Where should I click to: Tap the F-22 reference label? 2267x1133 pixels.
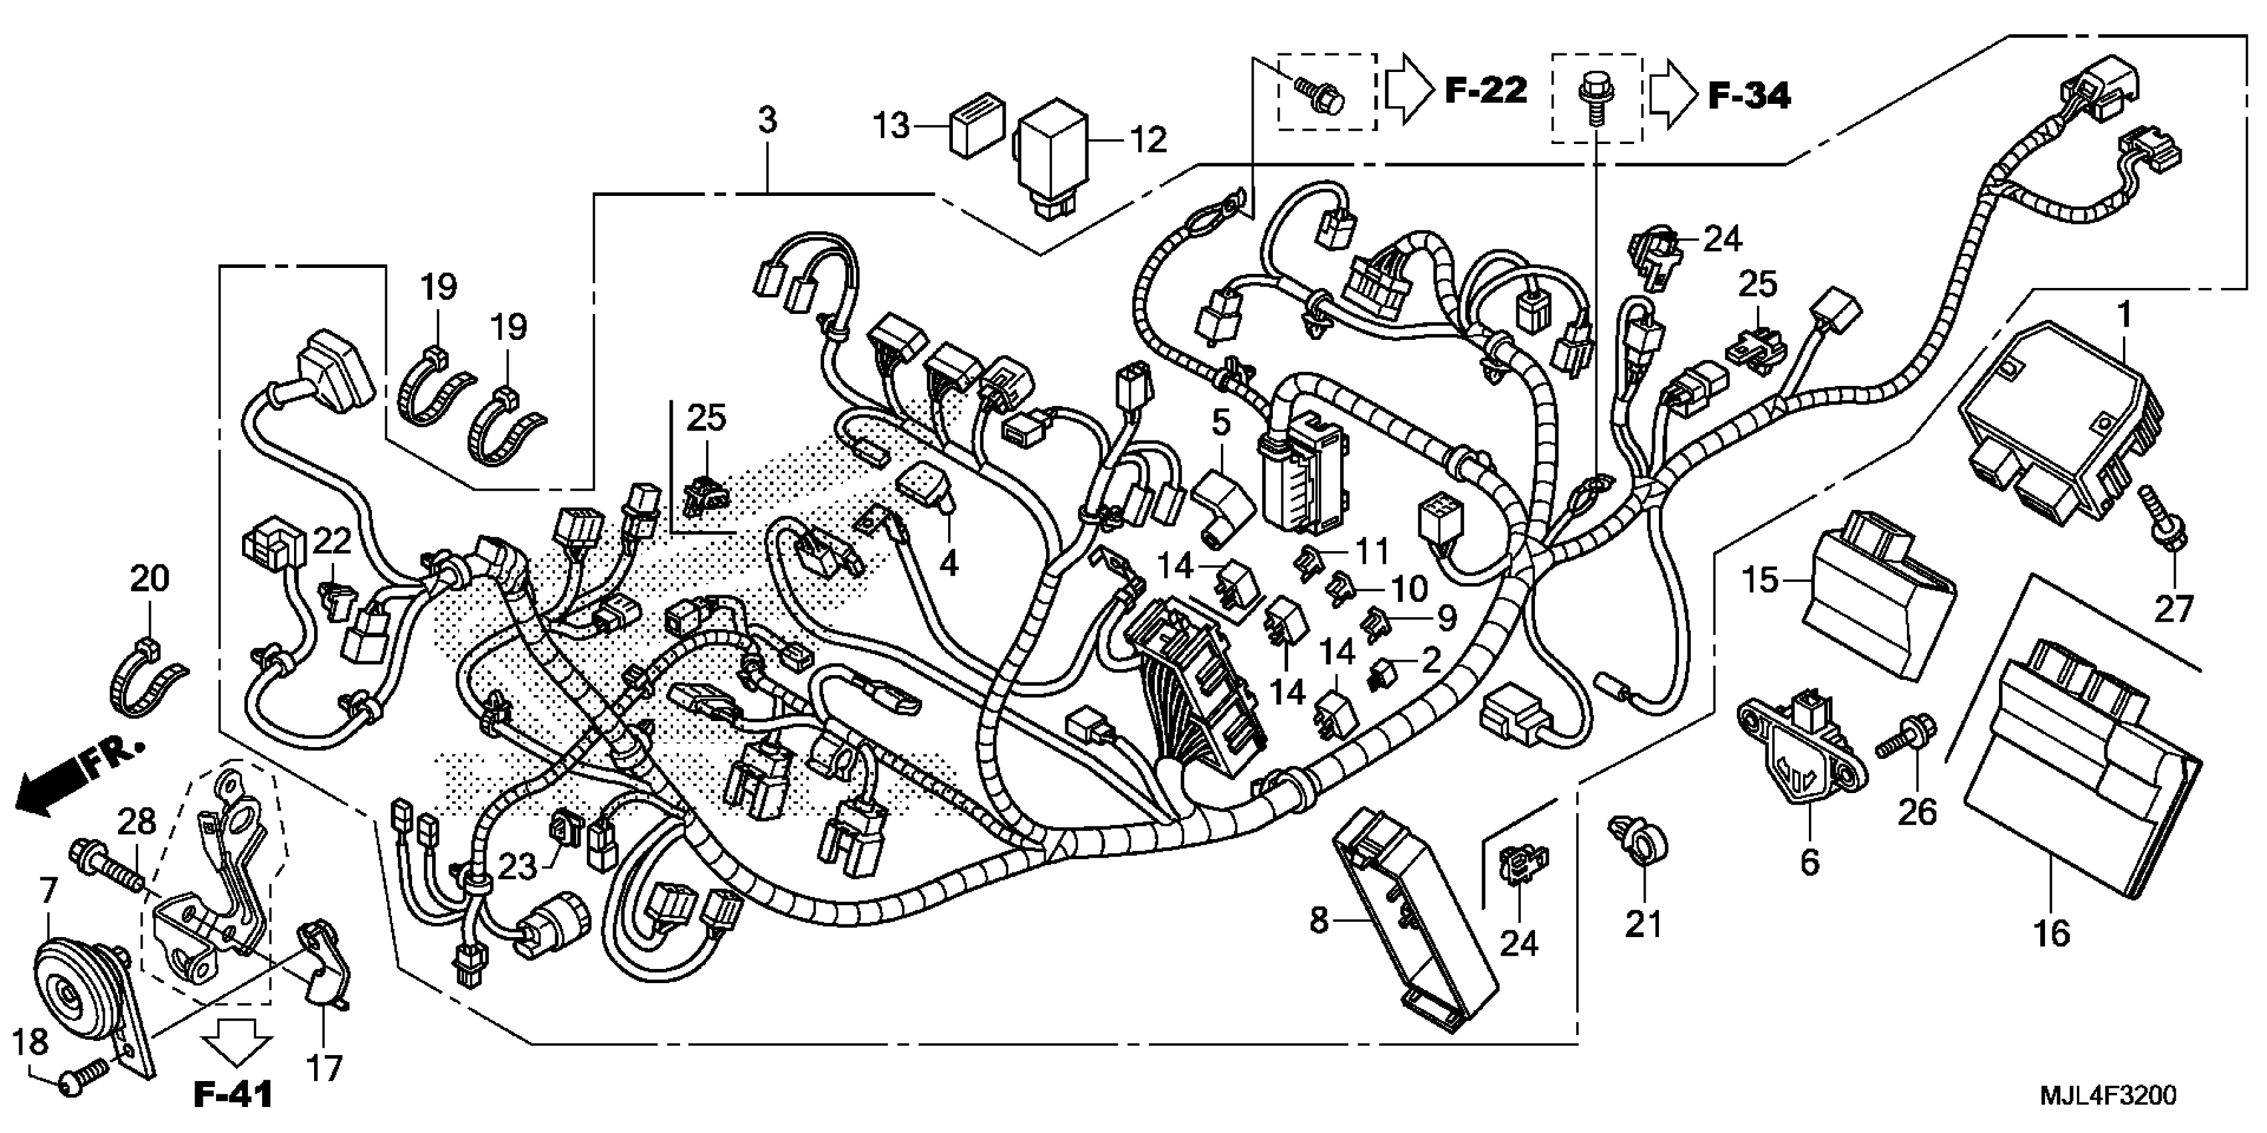[1486, 91]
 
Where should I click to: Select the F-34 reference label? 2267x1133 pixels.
[1749, 96]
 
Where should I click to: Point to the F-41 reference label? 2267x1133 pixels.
[233, 1094]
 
